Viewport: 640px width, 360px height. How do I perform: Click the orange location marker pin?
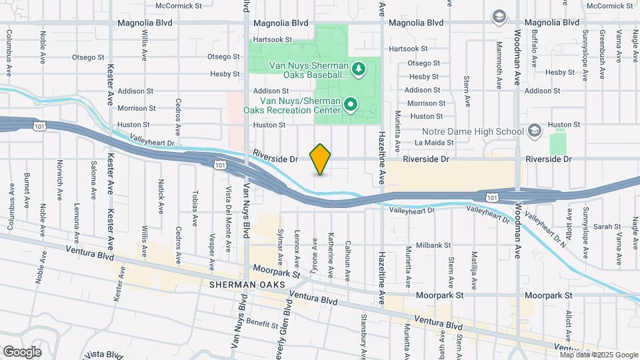click(x=321, y=159)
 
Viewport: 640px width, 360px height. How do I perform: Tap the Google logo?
click(x=22, y=351)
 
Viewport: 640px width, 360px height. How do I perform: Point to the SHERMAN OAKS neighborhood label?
click(x=246, y=285)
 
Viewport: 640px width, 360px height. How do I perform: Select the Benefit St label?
click(x=262, y=325)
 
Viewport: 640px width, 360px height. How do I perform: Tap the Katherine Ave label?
click(x=331, y=256)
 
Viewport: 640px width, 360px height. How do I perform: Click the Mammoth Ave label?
click(x=499, y=65)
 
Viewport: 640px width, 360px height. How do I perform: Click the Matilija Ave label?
click(x=475, y=269)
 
